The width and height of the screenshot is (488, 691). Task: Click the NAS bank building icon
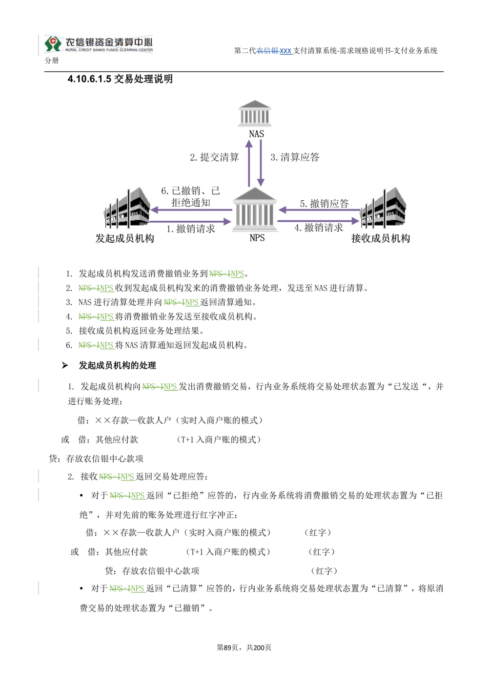click(255, 113)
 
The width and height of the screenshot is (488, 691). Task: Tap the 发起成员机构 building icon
click(127, 208)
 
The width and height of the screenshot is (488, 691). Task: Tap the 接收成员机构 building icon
click(383, 208)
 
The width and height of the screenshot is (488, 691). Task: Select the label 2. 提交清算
click(214, 157)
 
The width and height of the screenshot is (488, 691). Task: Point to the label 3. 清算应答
click(295, 157)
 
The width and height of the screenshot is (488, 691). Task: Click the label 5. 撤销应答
click(325, 204)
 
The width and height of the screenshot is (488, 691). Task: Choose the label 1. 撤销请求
click(191, 229)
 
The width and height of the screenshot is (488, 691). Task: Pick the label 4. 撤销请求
click(319, 228)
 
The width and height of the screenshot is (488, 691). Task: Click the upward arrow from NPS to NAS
click(249, 163)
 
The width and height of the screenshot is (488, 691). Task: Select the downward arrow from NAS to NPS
click(261, 163)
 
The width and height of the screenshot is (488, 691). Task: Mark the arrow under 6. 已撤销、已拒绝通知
click(191, 210)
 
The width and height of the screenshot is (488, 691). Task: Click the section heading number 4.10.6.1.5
click(89, 79)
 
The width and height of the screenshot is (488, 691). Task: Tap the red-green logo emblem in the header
click(53, 43)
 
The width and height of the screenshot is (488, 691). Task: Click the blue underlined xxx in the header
click(285, 51)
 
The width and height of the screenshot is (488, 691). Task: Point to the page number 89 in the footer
click(227, 648)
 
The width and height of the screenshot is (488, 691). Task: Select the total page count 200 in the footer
click(259, 648)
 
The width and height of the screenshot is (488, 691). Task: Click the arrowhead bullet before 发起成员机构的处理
click(64, 366)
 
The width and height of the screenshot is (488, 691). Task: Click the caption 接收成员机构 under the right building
click(381, 238)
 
